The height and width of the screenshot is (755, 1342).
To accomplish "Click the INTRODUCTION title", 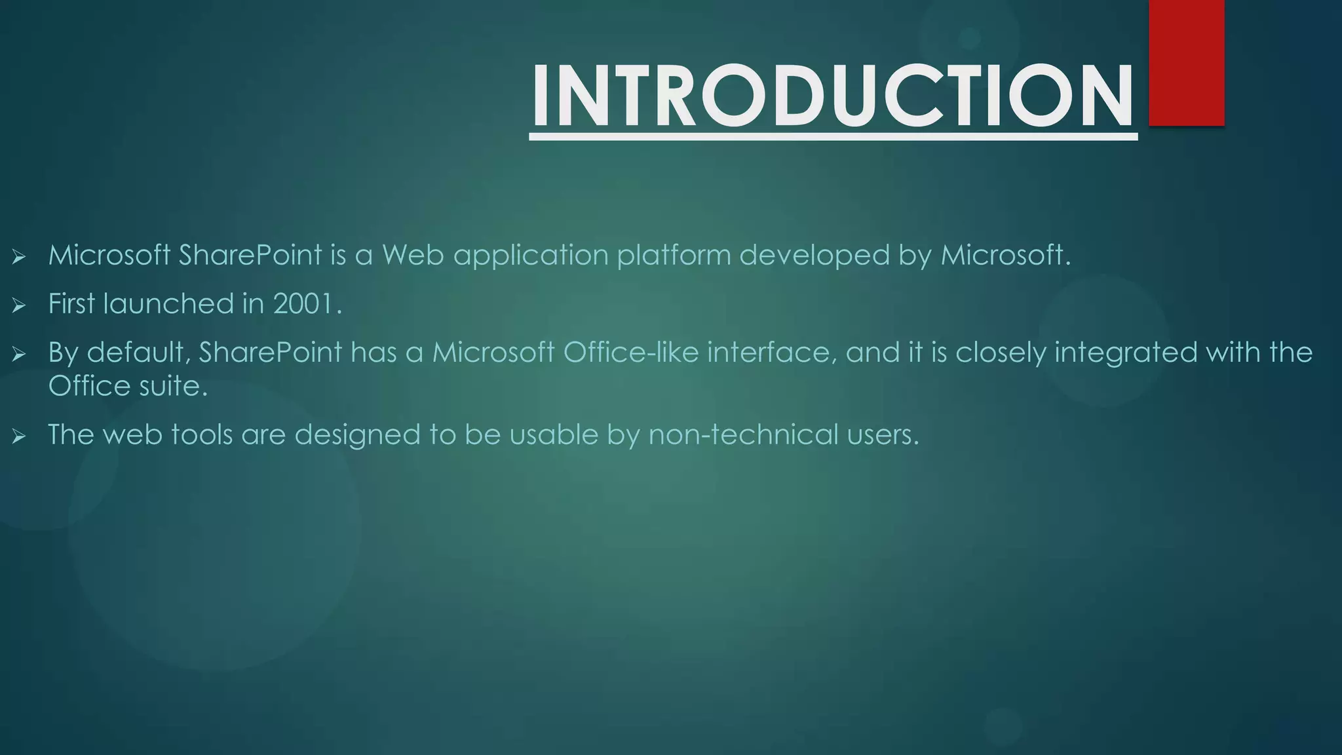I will click(832, 96).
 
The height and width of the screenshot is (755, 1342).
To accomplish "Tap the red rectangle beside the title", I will click(1186, 62).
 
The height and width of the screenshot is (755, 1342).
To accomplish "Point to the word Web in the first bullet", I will click(413, 255).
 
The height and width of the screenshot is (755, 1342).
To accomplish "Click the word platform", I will click(674, 255).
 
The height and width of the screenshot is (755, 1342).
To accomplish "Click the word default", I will click(138, 353).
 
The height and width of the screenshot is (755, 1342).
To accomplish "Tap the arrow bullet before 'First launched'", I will click(18, 305).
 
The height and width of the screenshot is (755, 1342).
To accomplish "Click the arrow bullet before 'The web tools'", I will click(18, 436).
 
